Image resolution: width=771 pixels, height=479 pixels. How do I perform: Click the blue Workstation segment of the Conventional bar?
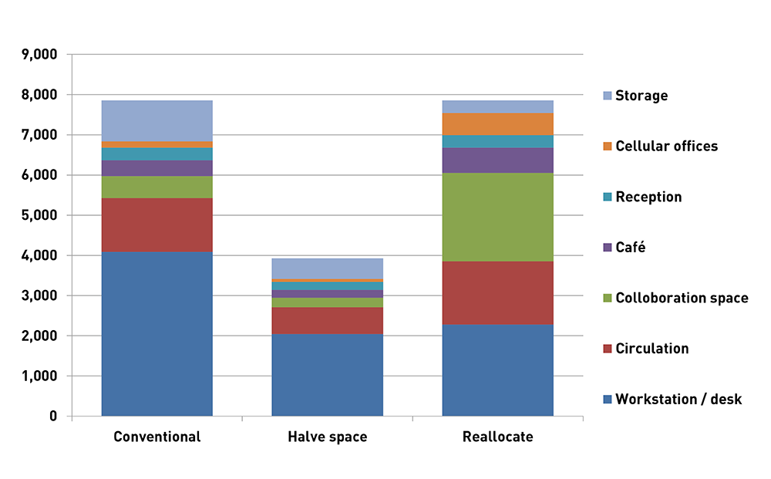coord(157,334)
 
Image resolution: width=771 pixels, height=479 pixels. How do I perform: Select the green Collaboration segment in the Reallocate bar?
coord(497,217)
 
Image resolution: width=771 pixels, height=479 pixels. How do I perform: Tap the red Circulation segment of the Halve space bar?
coord(327,320)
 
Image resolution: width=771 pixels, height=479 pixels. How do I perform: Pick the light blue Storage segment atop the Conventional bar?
coord(157,121)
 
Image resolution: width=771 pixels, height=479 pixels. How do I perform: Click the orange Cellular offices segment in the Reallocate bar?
coord(497,124)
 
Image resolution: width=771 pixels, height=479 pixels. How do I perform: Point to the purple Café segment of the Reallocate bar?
coord(497,160)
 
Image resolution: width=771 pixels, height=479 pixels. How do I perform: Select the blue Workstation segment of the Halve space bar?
coord(327,375)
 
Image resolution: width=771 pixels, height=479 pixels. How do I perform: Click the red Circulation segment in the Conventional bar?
coord(157,224)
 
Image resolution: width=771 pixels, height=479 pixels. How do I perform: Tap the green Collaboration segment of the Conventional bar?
coord(157,187)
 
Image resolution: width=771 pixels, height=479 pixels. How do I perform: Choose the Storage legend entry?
coord(641,96)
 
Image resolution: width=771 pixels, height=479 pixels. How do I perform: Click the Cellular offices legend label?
coord(665,146)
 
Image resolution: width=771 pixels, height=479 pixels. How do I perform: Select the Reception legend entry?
coord(648,197)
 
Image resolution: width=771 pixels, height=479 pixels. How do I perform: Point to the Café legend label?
coord(630,247)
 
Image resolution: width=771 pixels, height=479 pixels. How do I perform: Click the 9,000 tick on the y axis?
coord(41,55)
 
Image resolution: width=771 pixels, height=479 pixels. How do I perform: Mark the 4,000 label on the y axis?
coord(41,255)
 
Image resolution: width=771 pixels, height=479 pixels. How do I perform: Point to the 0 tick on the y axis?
coord(52,417)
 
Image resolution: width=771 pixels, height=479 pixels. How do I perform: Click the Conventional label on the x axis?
coord(157,437)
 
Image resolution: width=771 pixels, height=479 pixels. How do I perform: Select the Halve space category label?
coord(327,437)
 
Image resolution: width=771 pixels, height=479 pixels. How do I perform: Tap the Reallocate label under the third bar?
coord(497,437)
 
